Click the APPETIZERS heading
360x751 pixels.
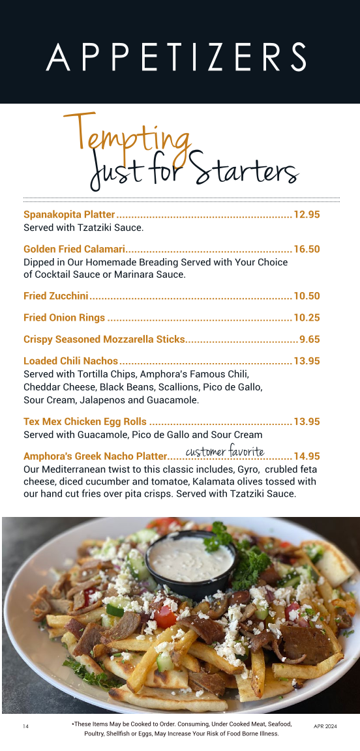click(x=176, y=57)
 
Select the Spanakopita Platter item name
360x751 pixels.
click(x=69, y=214)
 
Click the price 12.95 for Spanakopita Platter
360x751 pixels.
click(x=307, y=214)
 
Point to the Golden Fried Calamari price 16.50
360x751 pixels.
click(x=307, y=249)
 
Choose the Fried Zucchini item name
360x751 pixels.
click(x=55, y=296)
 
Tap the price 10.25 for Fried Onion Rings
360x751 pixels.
click(x=307, y=317)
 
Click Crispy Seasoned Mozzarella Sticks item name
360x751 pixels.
click(x=104, y=339)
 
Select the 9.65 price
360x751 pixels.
click(x=309, y=339)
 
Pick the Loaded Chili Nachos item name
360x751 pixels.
click(x=70, y=361)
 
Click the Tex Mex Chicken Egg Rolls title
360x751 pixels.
click(x=85, y=422)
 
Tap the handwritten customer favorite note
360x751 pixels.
click(x=225, y=451)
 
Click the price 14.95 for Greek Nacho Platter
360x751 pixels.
click(x=307, y=456)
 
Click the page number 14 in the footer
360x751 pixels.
click(x=25, y=726)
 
